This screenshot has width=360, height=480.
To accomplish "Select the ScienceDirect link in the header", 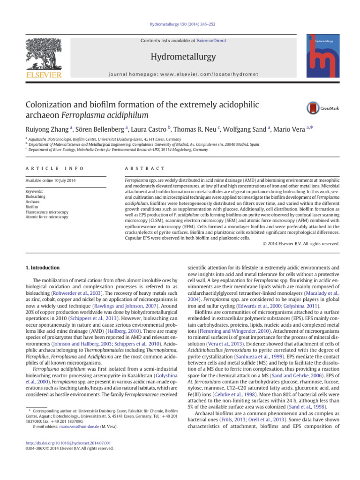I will click(211, 41).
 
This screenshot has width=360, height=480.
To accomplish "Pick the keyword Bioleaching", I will click(35, 197).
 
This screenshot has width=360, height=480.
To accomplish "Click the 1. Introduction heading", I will click(42, 268).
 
